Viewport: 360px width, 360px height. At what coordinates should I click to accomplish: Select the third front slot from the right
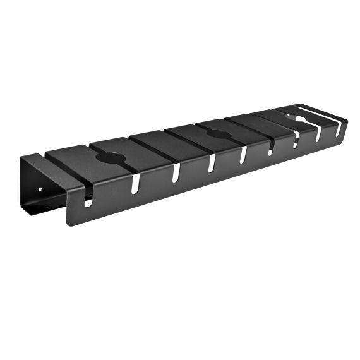click(x=294, y=140)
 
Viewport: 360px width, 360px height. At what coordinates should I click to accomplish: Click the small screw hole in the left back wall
click(x=40, y=188)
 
